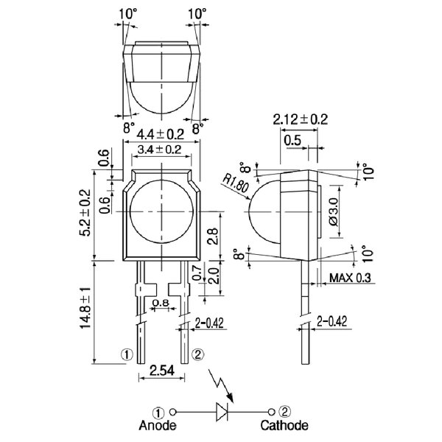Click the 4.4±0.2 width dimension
pos(160,135)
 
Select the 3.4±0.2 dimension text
pos(160,149)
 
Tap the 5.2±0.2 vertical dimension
pos(85,213)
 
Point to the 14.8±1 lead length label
pos(85,308)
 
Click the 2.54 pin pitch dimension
pos(162,371)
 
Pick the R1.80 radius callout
pos(236,183)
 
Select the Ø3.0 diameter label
pos(333,211)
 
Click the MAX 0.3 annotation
pos(351,278)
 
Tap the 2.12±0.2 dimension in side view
pos(301,119)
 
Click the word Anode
pos(158,425)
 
